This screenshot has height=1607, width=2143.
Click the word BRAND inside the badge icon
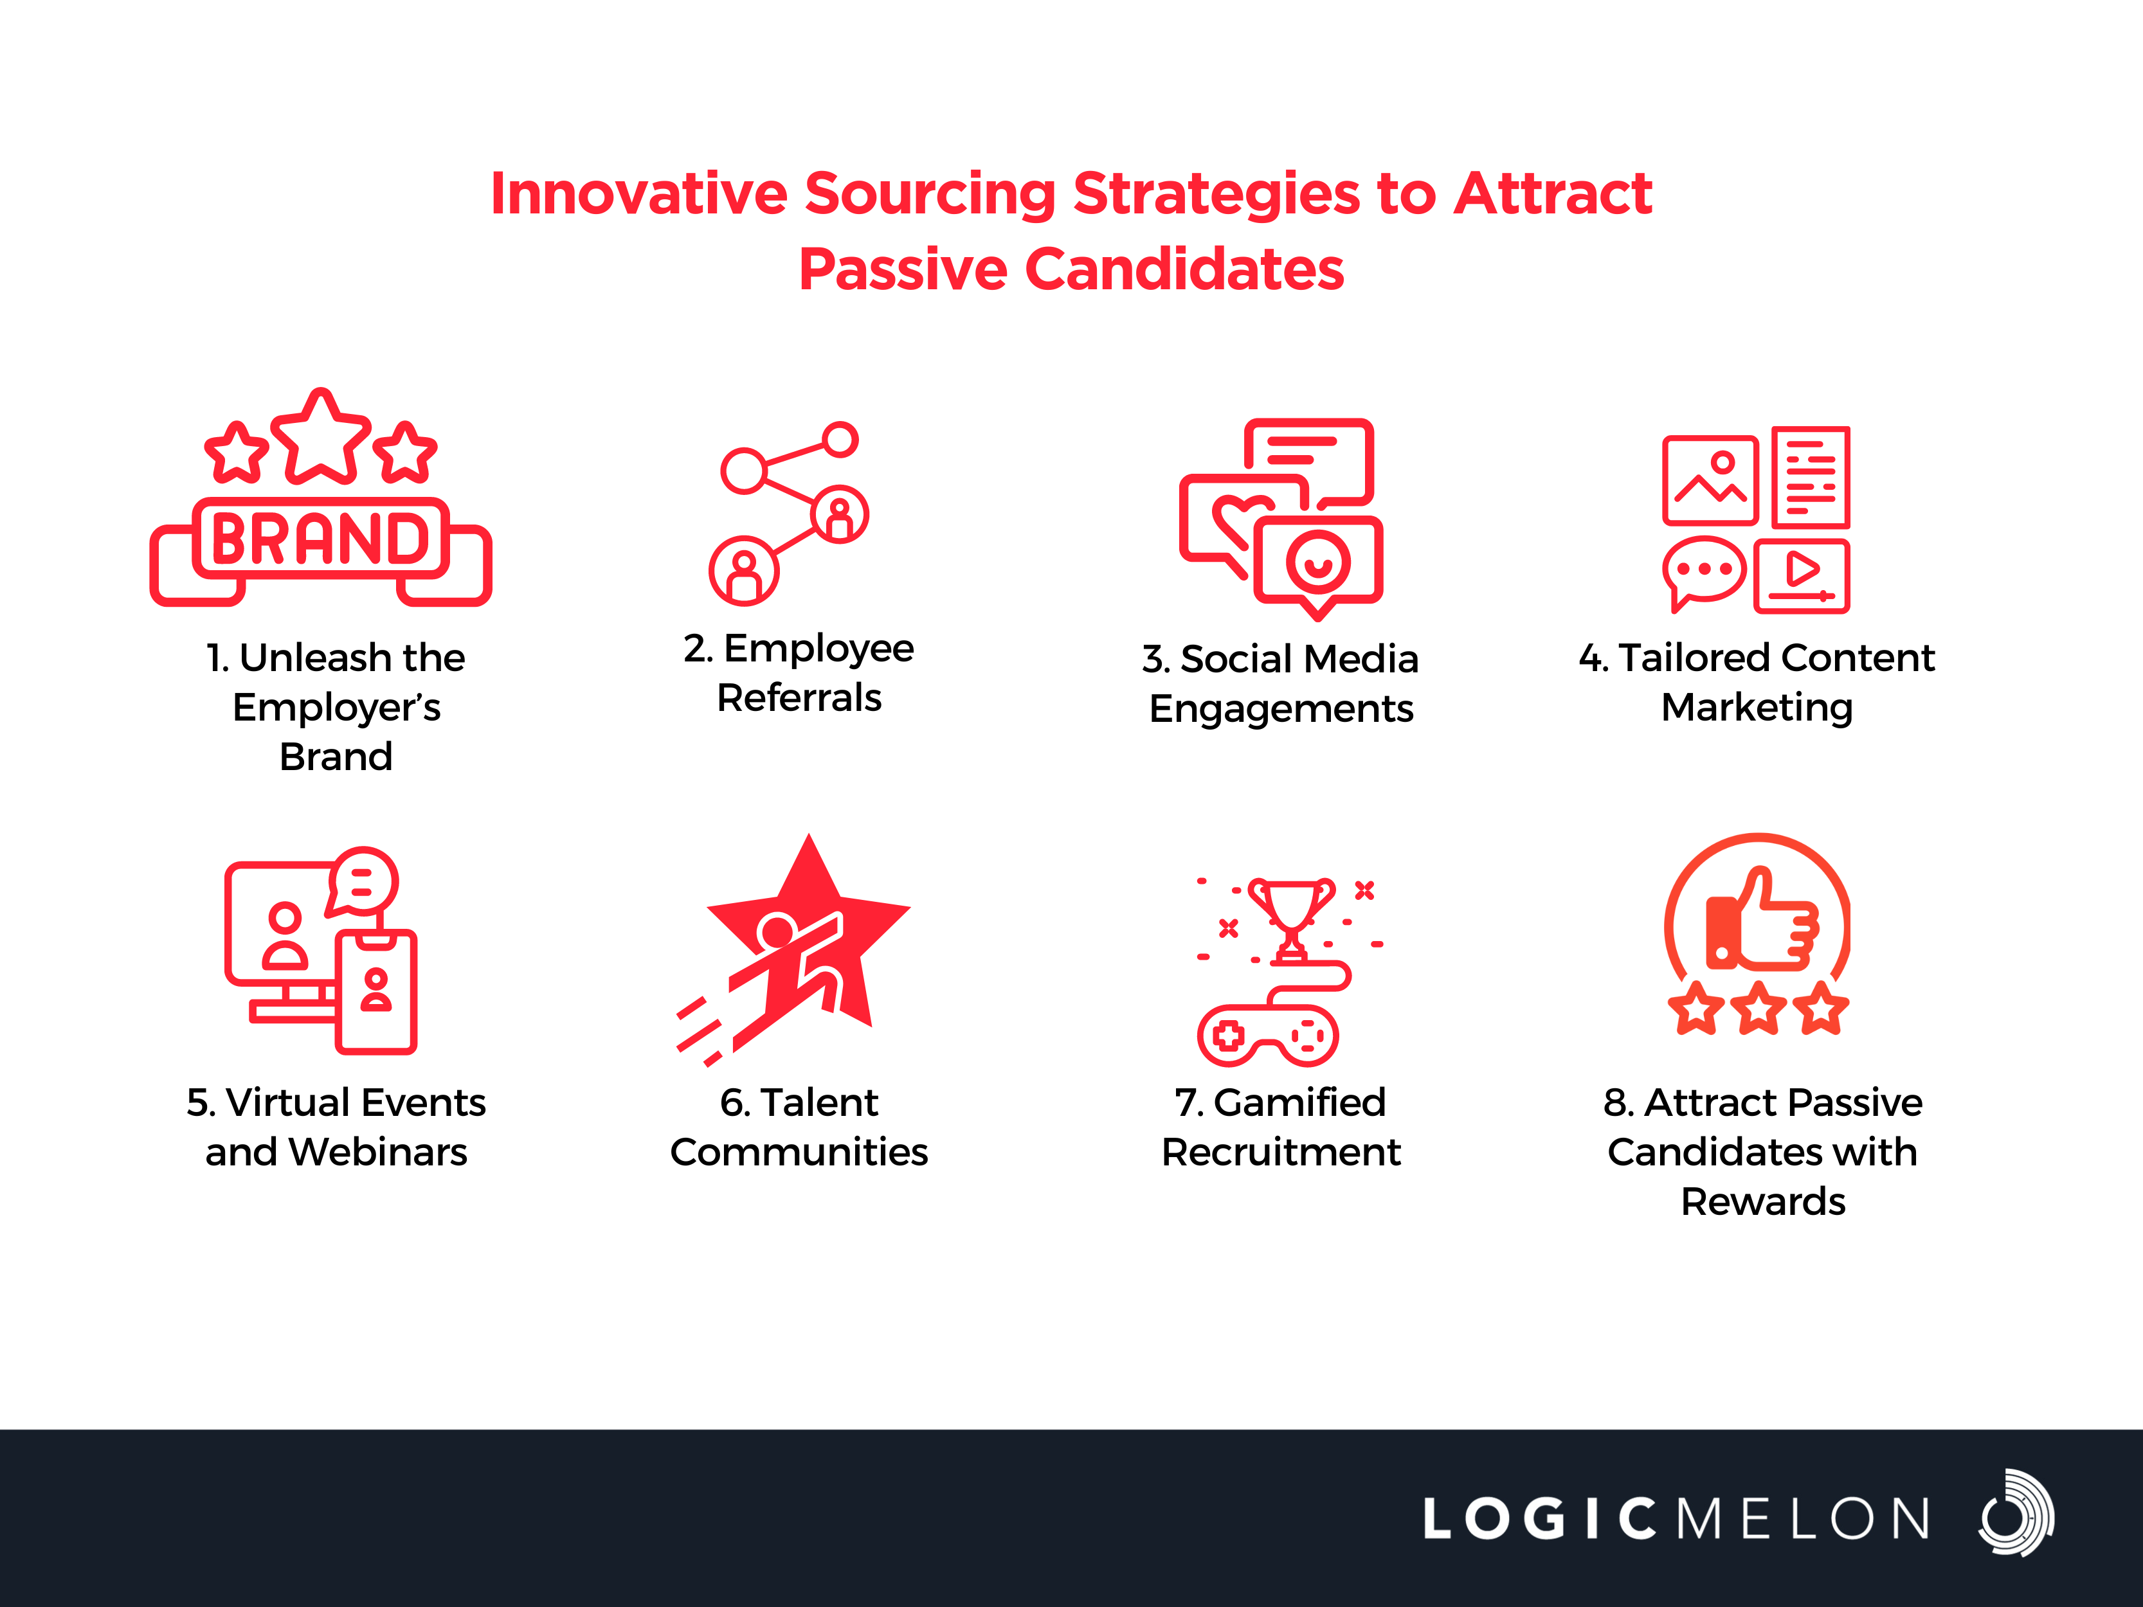pyautogui.click(x=320, y=539)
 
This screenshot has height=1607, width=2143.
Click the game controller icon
pyautogui.click(x=1268, y=1036)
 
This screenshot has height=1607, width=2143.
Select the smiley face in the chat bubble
pyautogui.click(x=1317, y=562)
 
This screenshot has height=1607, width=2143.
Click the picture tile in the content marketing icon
pyautogui.click(x=1710, y=480)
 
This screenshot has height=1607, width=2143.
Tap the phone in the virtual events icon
pyautogui.click(x=377, y=991)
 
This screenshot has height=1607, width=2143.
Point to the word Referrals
pyautogui.click(x=799, y=697)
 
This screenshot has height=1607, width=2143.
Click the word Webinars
pyautogui.click(x=378, y=1152)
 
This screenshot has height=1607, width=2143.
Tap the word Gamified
pyautogui.click(x=1299, y=1102)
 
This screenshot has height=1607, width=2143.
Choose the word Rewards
pyautogui.click(x=1762, y=1201)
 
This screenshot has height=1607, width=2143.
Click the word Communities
pyautogui.click(x=799, y=1152)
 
